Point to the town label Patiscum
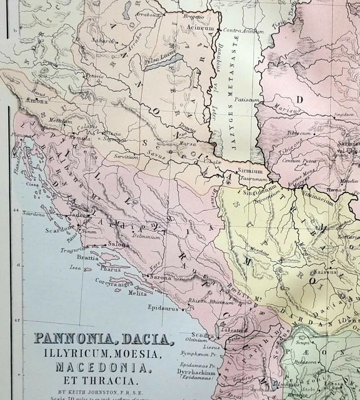coord(247,99)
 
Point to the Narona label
coord(161,277)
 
